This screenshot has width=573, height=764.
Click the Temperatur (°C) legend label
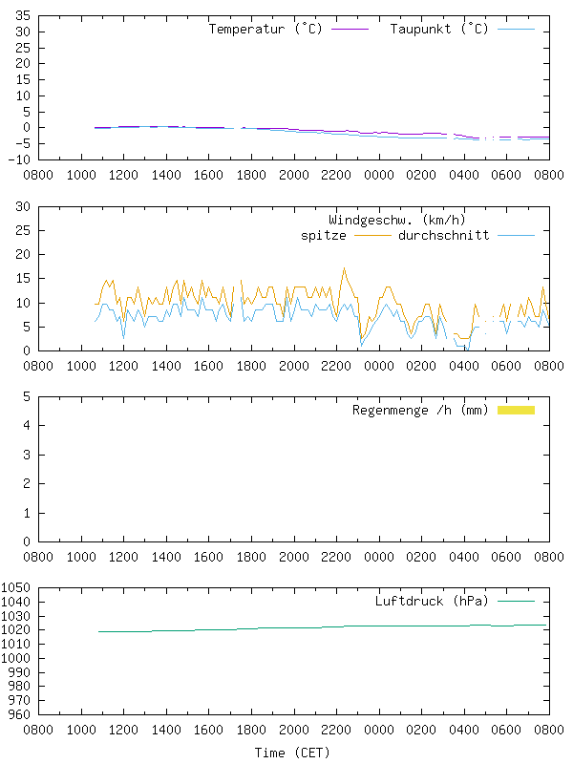pos(265,30)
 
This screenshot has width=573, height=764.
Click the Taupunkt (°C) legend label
pos(439,30)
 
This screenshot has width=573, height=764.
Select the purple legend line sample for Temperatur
pos(350,30)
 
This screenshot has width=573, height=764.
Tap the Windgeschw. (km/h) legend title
pos(396,220)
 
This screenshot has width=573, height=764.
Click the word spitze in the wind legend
pos(324,235)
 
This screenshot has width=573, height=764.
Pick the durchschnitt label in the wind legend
pos(444,235)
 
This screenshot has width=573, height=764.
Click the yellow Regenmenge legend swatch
pos(516,410)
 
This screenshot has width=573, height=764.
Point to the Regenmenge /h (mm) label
pos(420,411)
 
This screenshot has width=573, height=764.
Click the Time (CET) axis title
pos(292,753)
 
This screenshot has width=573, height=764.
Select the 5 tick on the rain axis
pos(27,396)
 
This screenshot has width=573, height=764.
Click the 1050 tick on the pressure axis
pos(16,588)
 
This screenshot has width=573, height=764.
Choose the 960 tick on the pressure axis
pos(20,713)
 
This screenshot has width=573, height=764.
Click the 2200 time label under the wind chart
pos(336,366)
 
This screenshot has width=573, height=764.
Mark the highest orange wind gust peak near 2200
pos(344,268)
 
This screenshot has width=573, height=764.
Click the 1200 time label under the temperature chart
pos(123,176)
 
